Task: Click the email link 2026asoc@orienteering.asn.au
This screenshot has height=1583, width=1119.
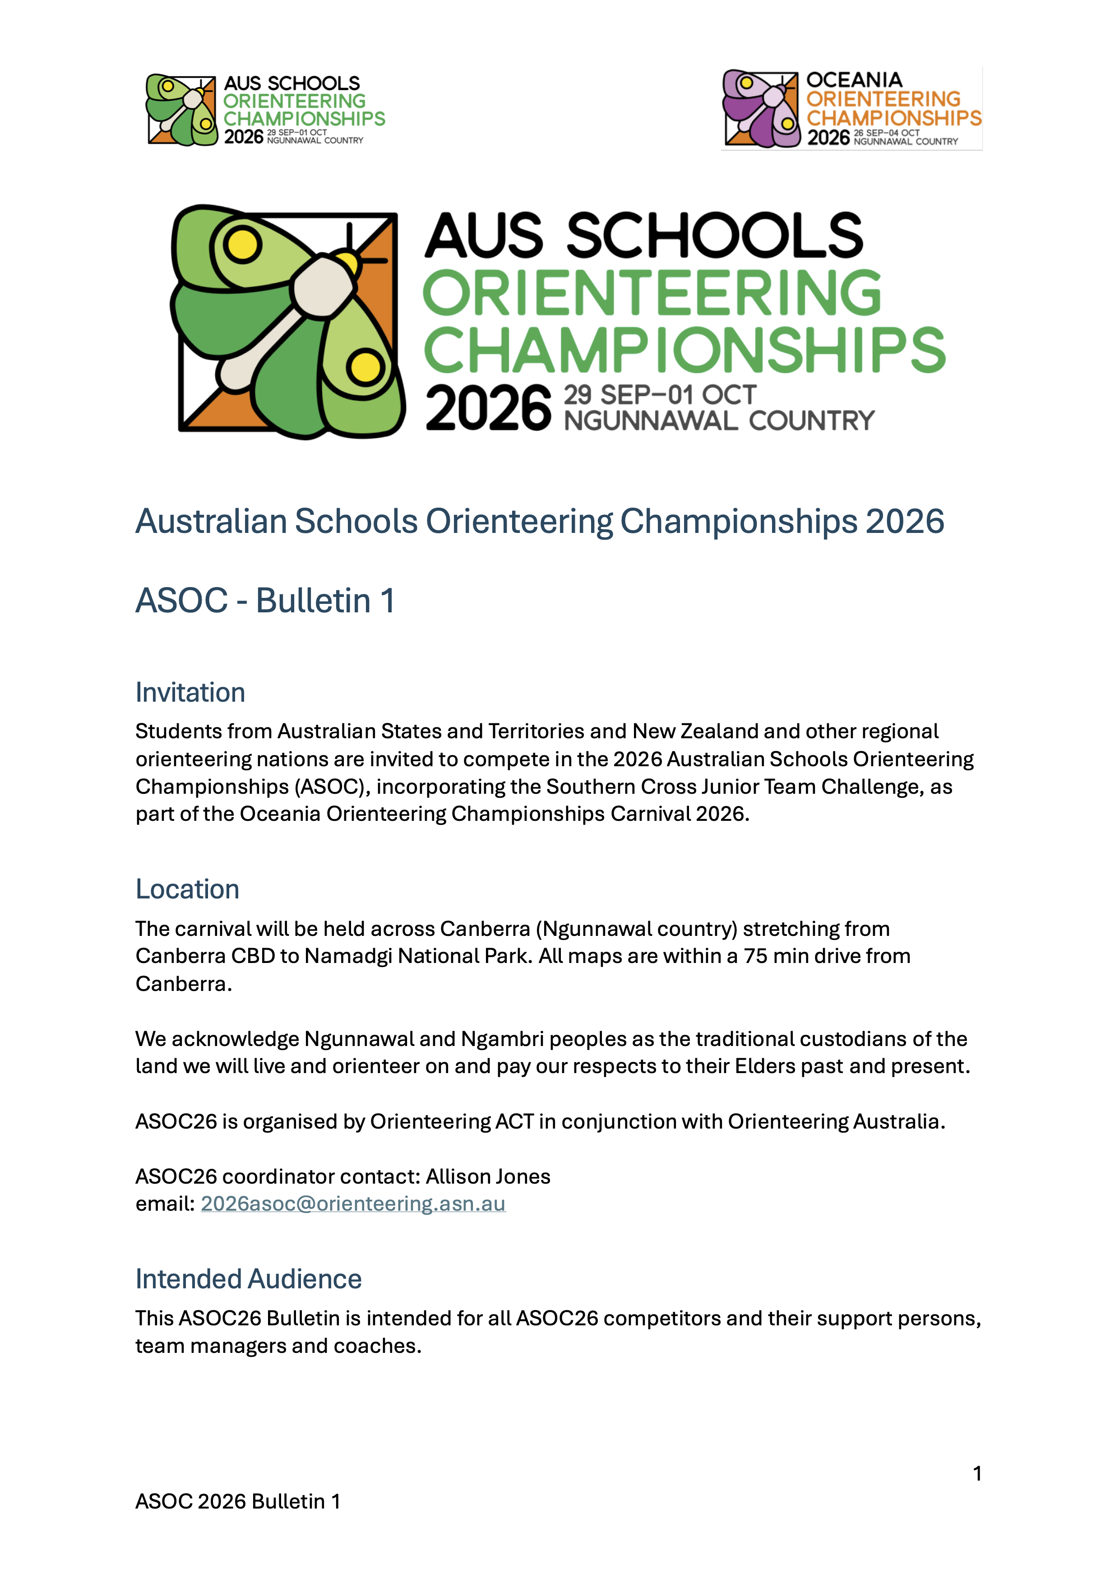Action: click(x=353, y=1204)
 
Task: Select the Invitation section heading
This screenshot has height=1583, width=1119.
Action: click(x=190, y=692)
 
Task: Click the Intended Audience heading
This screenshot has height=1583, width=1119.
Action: click(x=248, y=1279)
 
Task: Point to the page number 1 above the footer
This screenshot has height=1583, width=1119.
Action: click(x=977, y=1473)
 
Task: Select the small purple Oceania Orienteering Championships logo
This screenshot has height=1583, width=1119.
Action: click(x=851, y=109)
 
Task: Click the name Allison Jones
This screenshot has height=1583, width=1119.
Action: click(x=488, y=1176)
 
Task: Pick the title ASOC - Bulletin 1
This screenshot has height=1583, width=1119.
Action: click(x=265, y=600)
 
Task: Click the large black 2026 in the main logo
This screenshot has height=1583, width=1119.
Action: click(x=488, y=409)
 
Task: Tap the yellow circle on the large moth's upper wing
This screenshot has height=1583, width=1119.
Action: click(x=242, y=244)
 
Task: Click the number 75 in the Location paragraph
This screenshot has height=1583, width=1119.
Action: click(x=755, y=956)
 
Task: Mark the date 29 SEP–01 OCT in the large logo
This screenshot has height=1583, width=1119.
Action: click(x=660, y=395)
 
